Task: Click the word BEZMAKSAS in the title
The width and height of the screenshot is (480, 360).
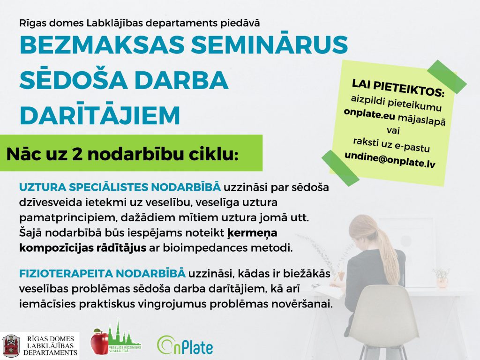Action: [x=102, y=45]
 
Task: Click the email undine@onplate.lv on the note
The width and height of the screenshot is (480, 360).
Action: [x=390, y=159]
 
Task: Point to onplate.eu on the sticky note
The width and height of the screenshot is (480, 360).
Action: [x=369, y=114]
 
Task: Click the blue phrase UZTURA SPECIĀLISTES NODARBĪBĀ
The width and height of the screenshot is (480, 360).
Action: [x=120, y=187]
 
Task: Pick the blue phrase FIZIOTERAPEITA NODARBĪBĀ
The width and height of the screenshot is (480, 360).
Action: [x=102, y=273]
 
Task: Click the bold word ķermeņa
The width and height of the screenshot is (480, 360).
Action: [x=252, y=233]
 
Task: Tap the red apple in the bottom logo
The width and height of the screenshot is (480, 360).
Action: [x=100, y=342]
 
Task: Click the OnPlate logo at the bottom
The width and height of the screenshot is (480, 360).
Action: [x=185, y=345]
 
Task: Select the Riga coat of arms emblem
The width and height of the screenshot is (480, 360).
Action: [x=11, y=346]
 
